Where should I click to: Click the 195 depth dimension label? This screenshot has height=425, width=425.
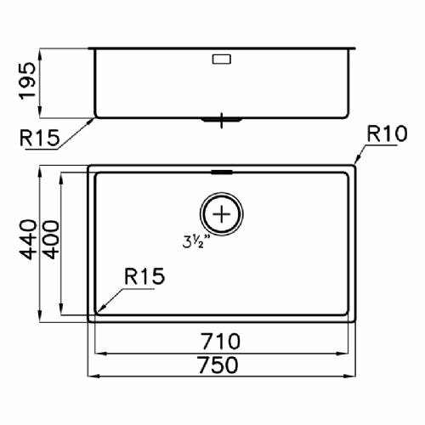tap(27, 81)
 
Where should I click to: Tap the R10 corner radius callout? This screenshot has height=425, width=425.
tap(387, 134)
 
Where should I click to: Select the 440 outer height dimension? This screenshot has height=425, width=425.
tap(28, 240)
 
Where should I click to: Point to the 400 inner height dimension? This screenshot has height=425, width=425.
tap(50, 240)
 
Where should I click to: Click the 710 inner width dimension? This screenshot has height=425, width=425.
tap(221, 342)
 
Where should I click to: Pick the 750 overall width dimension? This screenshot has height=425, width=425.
tap(218, 365)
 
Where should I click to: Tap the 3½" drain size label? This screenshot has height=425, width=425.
tap(196, 242)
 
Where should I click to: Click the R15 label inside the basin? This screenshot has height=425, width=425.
tap(144, 276)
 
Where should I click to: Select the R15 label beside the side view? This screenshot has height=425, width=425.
tap(40, 138)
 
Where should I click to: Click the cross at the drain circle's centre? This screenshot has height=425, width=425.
tap(222, 214)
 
